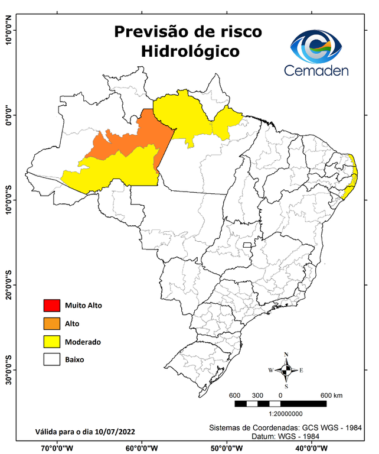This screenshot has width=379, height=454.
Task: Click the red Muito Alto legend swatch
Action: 52,306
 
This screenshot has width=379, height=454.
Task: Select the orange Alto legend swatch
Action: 52,323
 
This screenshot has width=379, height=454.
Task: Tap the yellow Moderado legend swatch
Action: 52,341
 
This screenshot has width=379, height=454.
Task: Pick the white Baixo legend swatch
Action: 52,359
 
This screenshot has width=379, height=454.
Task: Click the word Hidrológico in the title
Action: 190,51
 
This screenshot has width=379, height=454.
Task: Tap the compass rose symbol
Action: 286,371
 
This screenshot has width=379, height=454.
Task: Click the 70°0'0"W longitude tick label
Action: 57,448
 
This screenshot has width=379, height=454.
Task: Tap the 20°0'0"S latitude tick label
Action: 8,285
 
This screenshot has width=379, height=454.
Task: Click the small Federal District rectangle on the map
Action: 247,244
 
